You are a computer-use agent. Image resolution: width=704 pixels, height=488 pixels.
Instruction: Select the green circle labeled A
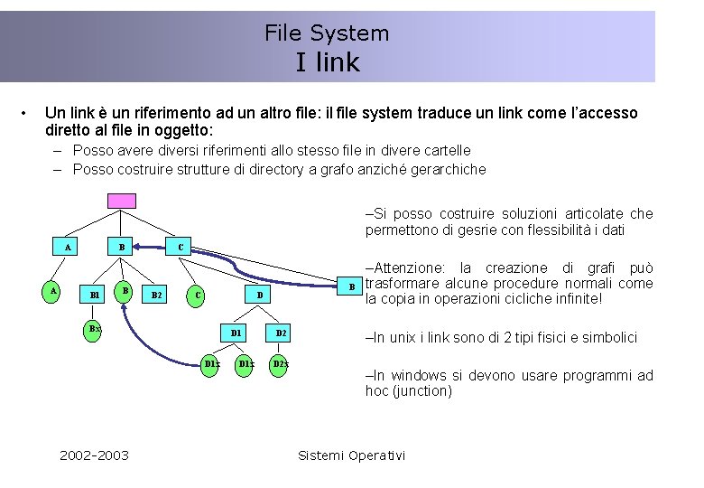click(x=54, y=291)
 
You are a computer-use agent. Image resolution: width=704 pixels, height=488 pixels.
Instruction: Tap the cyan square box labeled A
click(x=69, y=246)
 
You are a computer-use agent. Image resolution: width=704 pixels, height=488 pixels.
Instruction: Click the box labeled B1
click(x=94, y=295)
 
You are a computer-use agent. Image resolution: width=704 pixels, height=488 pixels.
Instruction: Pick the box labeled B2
click(x=157, y=295)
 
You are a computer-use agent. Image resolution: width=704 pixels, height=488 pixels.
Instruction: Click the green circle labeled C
click(x=198, y=295)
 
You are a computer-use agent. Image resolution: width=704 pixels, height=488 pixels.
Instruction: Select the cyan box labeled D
click(x=259, y=295)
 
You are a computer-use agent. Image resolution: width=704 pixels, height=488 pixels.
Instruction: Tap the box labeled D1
click(x=235, y=333)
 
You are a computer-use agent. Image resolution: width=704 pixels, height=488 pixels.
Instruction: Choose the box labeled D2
click(x=282, y=333)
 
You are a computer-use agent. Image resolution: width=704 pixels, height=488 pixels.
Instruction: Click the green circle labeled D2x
click(x=280, y=364)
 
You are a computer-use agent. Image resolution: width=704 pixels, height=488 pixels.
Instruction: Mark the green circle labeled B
click(x=126, y=290)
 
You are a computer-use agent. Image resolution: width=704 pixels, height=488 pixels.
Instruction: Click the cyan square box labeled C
click(x=181, y=246)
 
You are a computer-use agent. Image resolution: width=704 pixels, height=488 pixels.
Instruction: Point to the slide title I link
click(x=327, y=62)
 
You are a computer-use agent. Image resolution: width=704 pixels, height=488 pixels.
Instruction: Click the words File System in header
click(x=327, y=33)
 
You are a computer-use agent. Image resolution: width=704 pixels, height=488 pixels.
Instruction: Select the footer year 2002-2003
click(x=94, y=455)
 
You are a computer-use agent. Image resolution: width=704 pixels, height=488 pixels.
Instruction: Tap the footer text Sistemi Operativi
click(x=351, y=455)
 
